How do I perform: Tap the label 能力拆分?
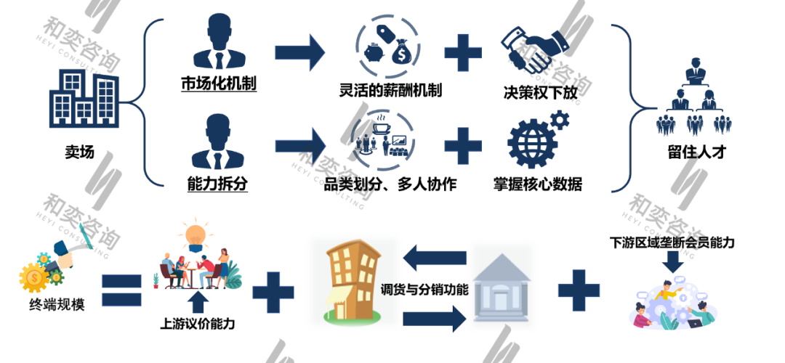(217, 184)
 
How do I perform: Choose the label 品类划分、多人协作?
(390, 184)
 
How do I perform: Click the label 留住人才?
(691, 153)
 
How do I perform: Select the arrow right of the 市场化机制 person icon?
(300, 52)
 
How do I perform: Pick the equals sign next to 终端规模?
(121, 292)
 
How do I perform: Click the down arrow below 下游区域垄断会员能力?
(673, 265)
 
